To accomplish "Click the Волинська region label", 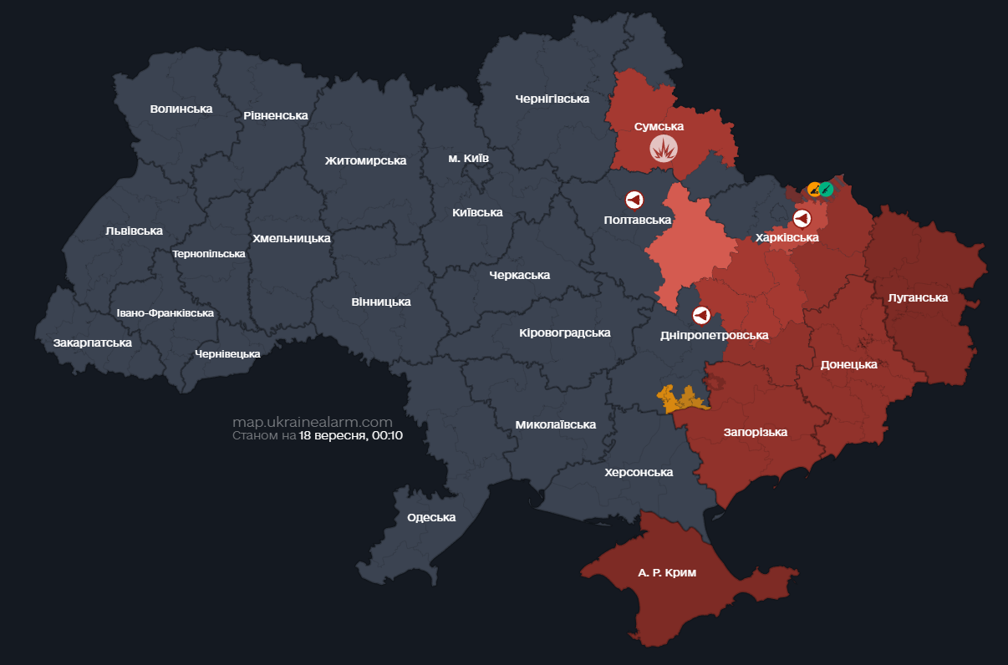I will point(181,109).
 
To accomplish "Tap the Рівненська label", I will point(276,115).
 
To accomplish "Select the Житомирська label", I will point(365,160).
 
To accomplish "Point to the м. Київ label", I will point(468,158).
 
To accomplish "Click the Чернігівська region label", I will point(552,99).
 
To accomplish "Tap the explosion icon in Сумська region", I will point(664,150).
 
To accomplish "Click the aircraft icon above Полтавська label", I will point(634,201).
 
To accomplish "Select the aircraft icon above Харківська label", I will point(802,219).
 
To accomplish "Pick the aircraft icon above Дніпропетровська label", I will point(701,315).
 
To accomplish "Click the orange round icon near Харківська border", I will point(814,189).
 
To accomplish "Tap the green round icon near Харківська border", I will point(827,189).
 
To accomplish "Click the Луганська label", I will point(918,297).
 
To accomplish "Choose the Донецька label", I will point(848,364).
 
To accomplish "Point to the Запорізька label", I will point(755,432).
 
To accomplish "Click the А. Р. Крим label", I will point(666,572).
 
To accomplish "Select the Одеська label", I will point(431,517).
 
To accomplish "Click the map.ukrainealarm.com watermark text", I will point(313,423).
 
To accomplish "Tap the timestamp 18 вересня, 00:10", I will point(351,436).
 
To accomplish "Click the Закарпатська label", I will point(92,343).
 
